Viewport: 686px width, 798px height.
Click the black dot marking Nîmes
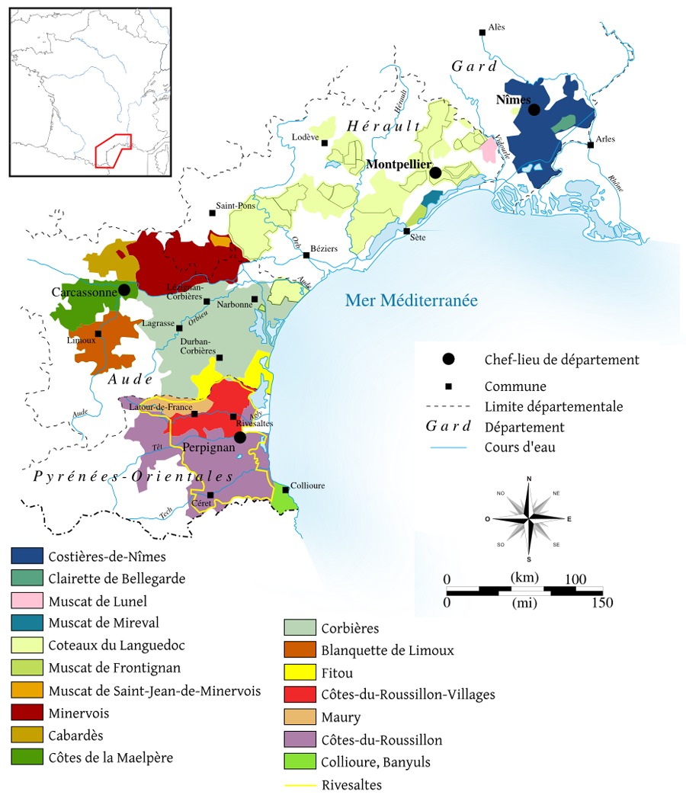[x=534, y=110]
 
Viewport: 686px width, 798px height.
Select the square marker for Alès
[x=482, y=32]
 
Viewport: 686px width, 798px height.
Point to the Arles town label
[x=605, y=139]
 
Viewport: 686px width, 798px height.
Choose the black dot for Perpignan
[x=239, y=437]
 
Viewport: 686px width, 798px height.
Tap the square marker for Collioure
[x=285, y=489]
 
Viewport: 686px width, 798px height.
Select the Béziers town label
[x=325, y=248]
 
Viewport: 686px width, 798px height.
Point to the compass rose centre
[x=528, y=518]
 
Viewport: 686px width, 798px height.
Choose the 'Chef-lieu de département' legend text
[x=562, y=360]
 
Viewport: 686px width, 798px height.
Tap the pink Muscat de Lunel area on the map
[x=489, y=148]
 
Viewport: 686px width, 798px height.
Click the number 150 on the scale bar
[x=601, y=603]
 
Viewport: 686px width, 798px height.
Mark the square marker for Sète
[x=406, y=231]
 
